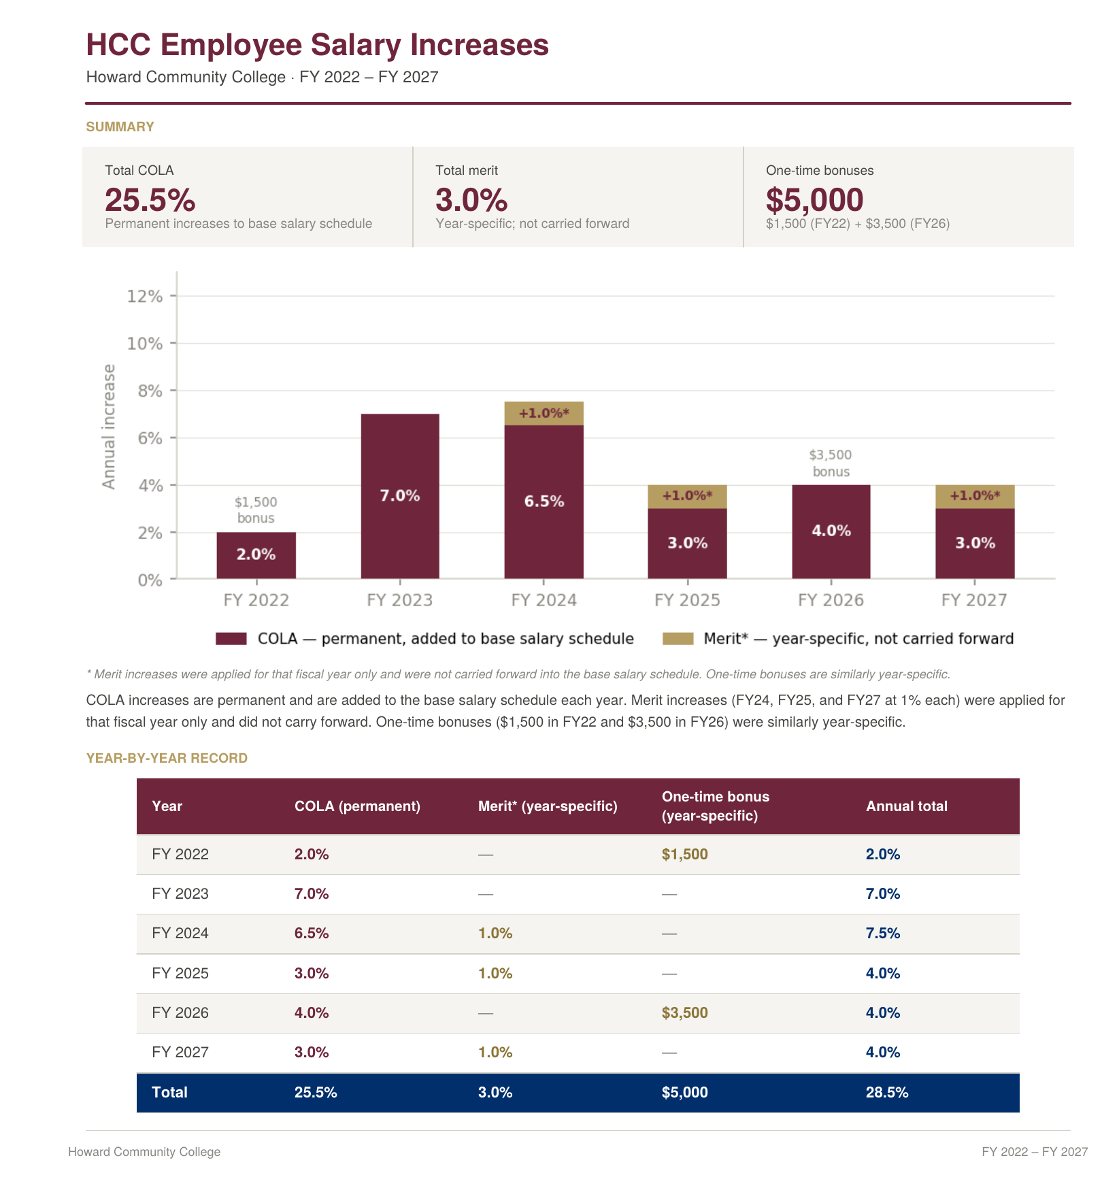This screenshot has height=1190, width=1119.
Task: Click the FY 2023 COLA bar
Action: [400, 496]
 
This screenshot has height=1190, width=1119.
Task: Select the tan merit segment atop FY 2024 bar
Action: [544, 413]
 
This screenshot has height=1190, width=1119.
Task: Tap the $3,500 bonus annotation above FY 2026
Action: [831, 463]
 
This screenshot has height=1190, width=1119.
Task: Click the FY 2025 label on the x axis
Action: [687, 600]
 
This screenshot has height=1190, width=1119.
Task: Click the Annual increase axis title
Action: [109, 427]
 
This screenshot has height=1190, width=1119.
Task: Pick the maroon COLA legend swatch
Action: [231, 639]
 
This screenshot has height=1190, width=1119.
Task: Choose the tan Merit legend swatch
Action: [678, 639]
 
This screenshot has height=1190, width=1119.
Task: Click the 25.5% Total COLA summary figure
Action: [150, 200]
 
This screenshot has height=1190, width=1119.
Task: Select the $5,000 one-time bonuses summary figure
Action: [814, 200]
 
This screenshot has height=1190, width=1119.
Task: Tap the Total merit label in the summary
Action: [467, 171]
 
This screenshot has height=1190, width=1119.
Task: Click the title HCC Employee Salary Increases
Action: [318, 45]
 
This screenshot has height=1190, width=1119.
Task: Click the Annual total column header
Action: [907, 806]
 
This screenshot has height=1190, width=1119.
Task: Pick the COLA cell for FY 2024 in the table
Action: [312, 933]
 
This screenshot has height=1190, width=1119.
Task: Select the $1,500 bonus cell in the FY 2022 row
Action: [685, 855]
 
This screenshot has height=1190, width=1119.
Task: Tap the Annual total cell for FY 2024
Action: [883, 933]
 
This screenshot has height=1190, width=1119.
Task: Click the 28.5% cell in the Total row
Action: [887, 1093]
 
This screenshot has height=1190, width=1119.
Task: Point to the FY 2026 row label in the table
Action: [180, 1013]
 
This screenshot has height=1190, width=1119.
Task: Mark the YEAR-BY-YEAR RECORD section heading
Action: [167, 758]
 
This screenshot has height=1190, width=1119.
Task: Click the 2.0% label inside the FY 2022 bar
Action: [256, 555]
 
